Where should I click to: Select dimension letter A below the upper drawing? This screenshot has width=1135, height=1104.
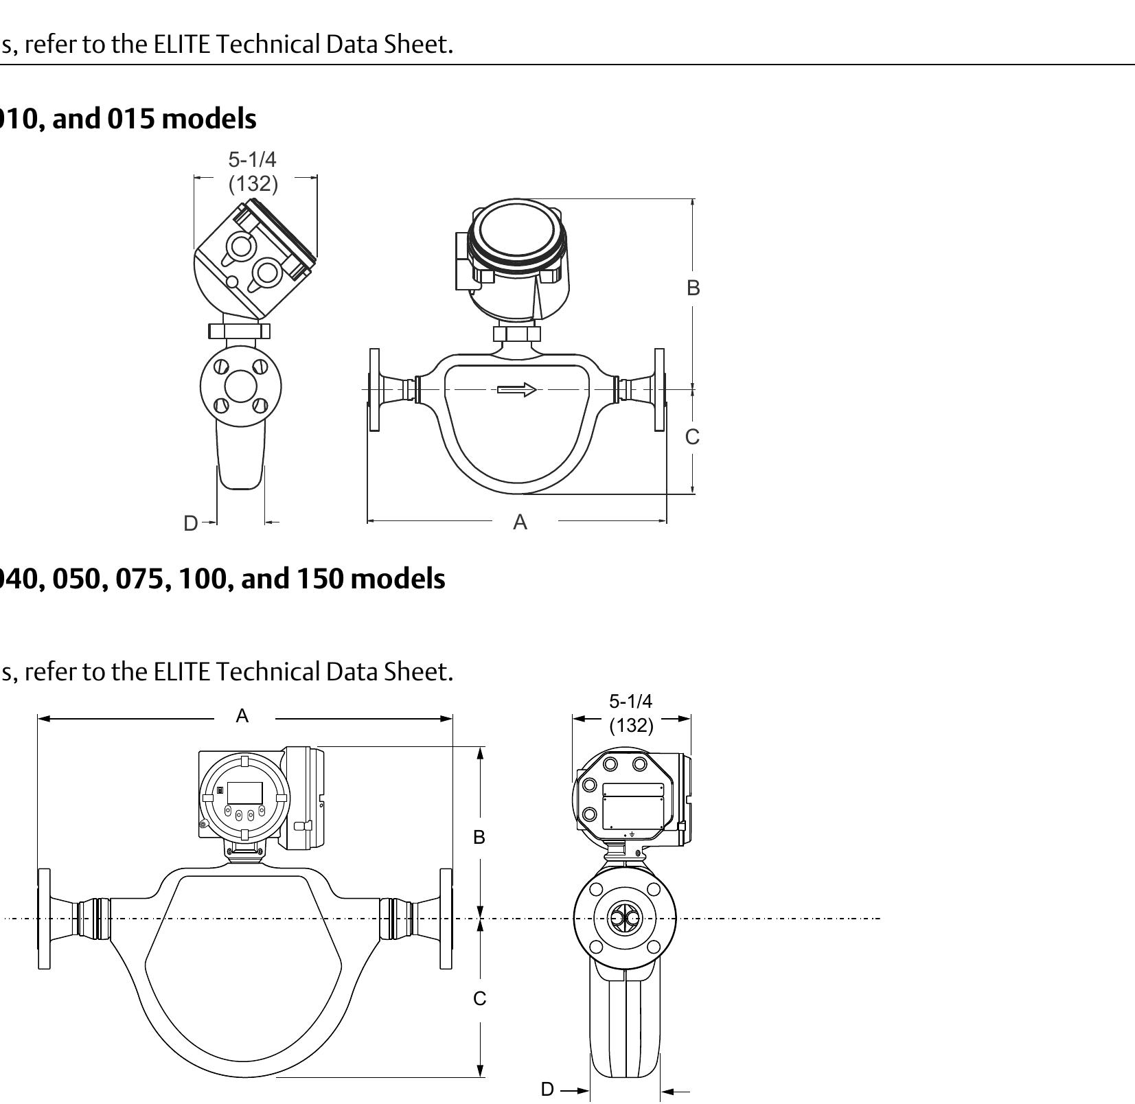(x=520, y=522)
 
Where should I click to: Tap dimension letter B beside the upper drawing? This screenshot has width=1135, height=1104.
(x=693, y=288)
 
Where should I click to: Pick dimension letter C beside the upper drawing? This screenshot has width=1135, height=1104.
(x=692, y=437)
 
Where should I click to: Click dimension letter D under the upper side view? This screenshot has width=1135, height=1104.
(x=190, y=523)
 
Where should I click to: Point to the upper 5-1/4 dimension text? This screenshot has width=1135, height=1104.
(x=252, y=160)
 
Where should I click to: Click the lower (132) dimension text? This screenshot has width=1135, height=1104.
(x=631, y=725)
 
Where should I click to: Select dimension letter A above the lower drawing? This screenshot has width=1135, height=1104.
(x=242, y=716)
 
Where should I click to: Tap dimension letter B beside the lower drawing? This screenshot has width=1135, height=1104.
(x=479, y=837)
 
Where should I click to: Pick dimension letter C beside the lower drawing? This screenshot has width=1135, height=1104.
(x=479, y=998)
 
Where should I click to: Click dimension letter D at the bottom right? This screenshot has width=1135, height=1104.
(x=547, y=1089)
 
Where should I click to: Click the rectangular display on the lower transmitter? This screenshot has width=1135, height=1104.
(x=244, y=792)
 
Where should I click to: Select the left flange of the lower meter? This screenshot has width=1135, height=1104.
(x=44, y=919)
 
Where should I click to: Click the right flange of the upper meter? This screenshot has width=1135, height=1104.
(x=659, y=389)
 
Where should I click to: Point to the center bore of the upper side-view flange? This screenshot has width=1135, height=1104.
(x=240, y=386)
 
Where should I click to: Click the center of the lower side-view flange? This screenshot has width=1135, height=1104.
(x=624, y=918)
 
